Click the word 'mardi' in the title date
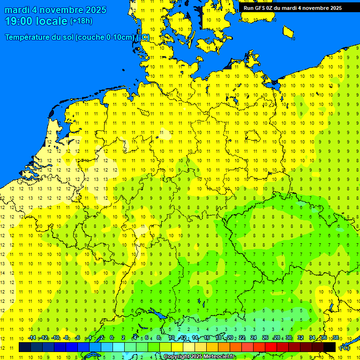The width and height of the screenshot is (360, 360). [x=16, y=10]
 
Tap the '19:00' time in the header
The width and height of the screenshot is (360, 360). [x=19, y=21]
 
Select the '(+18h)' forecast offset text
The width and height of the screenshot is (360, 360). [x=81, y=21]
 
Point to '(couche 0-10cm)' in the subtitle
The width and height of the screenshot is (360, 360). [x=105, y=37]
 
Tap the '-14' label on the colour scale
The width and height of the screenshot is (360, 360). [x=32, y=338]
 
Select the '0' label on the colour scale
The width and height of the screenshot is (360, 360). [x=112, y=338]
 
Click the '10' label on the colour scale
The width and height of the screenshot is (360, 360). [x=171, y=338]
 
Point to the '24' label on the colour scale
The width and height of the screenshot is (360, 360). [x=254, y=338]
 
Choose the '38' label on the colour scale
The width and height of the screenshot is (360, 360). [x=336, y=338]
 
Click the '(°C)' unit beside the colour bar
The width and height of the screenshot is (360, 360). [x=345, y=347]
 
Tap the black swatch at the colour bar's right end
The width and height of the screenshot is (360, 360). [x=330, y=347]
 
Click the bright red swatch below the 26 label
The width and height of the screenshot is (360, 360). [x=271, y=347]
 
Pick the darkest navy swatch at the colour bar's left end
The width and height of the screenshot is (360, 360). [x=25, y=347]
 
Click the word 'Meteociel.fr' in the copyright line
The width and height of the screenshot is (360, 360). [x=219, y=357]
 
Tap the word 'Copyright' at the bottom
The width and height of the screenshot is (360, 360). [x=177, y=357]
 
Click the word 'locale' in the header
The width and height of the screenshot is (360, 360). [x=52, y=21]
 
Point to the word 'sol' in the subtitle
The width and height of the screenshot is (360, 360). [x=67, y=37]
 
